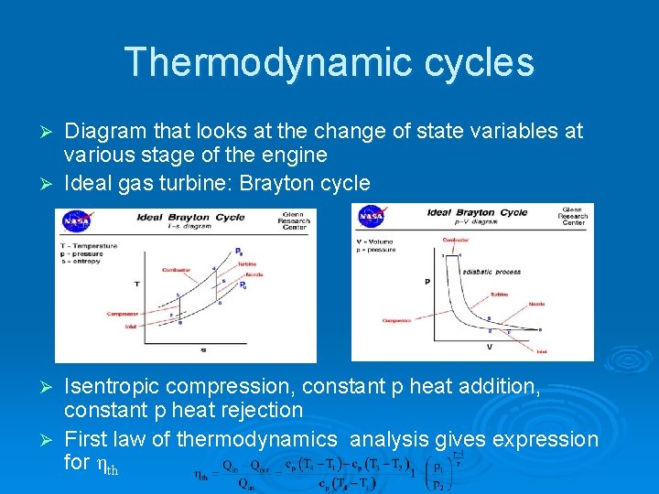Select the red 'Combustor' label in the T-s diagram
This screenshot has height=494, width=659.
(176, 270)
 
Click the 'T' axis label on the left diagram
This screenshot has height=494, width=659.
(136, 285)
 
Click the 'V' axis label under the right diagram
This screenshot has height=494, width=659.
(489, 347)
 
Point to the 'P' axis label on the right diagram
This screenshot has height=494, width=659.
(427, 283)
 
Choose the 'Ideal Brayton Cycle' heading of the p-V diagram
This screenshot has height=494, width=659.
(477, 212)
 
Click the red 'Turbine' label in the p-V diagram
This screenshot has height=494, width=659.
(498, 295)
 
